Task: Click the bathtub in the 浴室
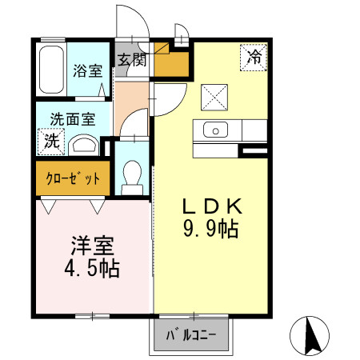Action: [51, 70]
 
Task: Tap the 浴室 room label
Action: [88, 71]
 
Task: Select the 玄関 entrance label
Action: [132, 60]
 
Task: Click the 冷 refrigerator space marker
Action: [254, 58]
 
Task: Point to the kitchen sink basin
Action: [215, 130]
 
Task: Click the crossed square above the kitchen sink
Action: [214, 98]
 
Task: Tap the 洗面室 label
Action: [73, 119]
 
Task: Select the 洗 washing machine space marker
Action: [51, 142]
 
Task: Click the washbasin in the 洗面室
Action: [84, 146]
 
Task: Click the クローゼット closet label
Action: [73, 178]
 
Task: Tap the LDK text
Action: [212, 206]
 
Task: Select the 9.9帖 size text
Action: [210, 229]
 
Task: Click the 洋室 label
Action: [93, 246]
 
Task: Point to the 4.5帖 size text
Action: [92, 268]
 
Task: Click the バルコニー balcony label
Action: [191, 335]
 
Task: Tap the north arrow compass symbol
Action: [310, 336]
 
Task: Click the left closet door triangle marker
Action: [49, 206]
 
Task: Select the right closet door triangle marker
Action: [97, 206]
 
